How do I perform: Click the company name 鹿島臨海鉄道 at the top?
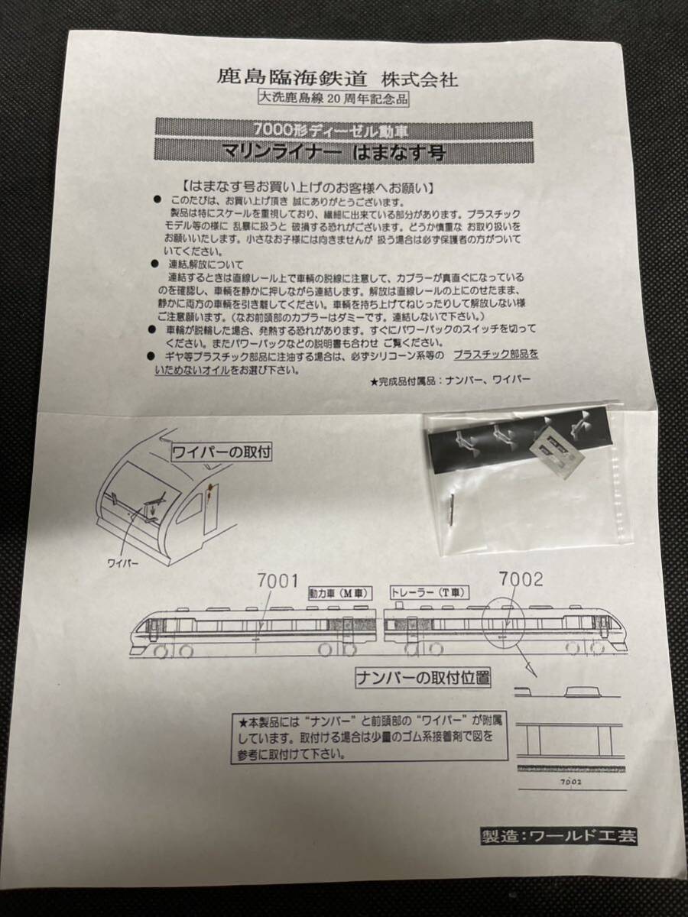(294, 78)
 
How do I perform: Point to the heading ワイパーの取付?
(222, 451)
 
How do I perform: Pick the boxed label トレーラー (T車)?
(429, 592)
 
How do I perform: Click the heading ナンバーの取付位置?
(423, 676)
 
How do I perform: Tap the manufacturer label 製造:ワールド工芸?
(558, 835)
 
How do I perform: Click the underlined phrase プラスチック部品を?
(495, 355)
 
